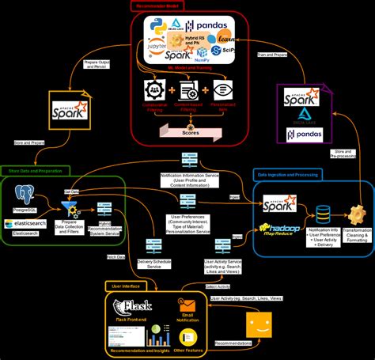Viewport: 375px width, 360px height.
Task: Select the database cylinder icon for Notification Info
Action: coord(323,214)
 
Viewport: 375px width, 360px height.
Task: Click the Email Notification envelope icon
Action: coord(187,305)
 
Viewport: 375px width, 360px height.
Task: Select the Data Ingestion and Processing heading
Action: coord(288,173)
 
